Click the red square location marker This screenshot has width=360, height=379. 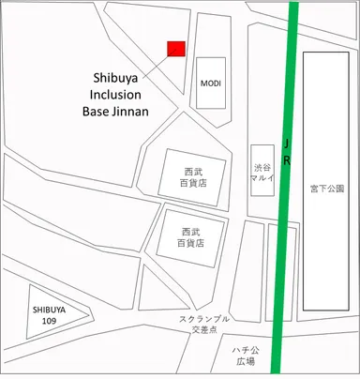point(175,49)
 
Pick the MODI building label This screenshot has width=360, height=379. point(211,83)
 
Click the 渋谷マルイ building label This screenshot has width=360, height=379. point(262,174)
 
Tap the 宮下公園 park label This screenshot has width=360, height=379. point(327,188)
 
